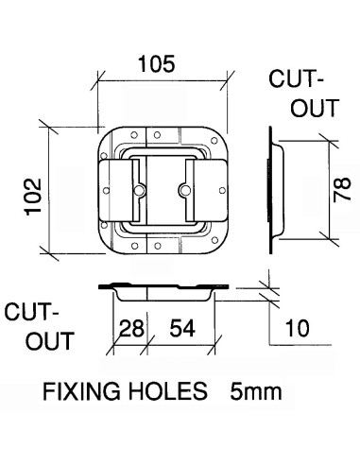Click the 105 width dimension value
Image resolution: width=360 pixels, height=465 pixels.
pos(157,64)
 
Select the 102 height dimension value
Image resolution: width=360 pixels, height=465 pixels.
pos(33,197)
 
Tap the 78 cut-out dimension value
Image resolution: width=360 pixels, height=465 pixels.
pos(342,189)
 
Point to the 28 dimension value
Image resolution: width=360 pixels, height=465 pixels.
pos(132,328)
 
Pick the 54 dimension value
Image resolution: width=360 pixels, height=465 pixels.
pos(182,328)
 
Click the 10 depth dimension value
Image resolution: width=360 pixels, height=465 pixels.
pos(298,328)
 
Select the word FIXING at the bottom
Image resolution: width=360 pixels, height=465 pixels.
pos(81,391)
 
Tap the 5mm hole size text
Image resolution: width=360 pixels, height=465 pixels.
pos(256,391)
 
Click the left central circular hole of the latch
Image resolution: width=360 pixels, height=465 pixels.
pos(139,190)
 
